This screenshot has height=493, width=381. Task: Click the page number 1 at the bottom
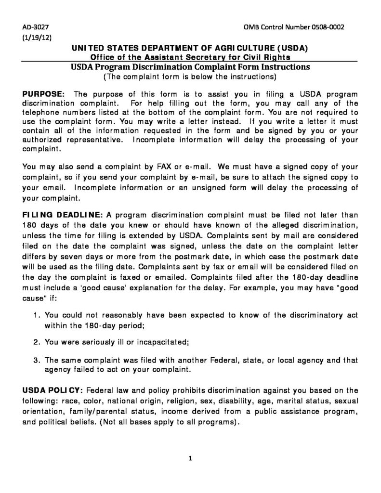191,458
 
